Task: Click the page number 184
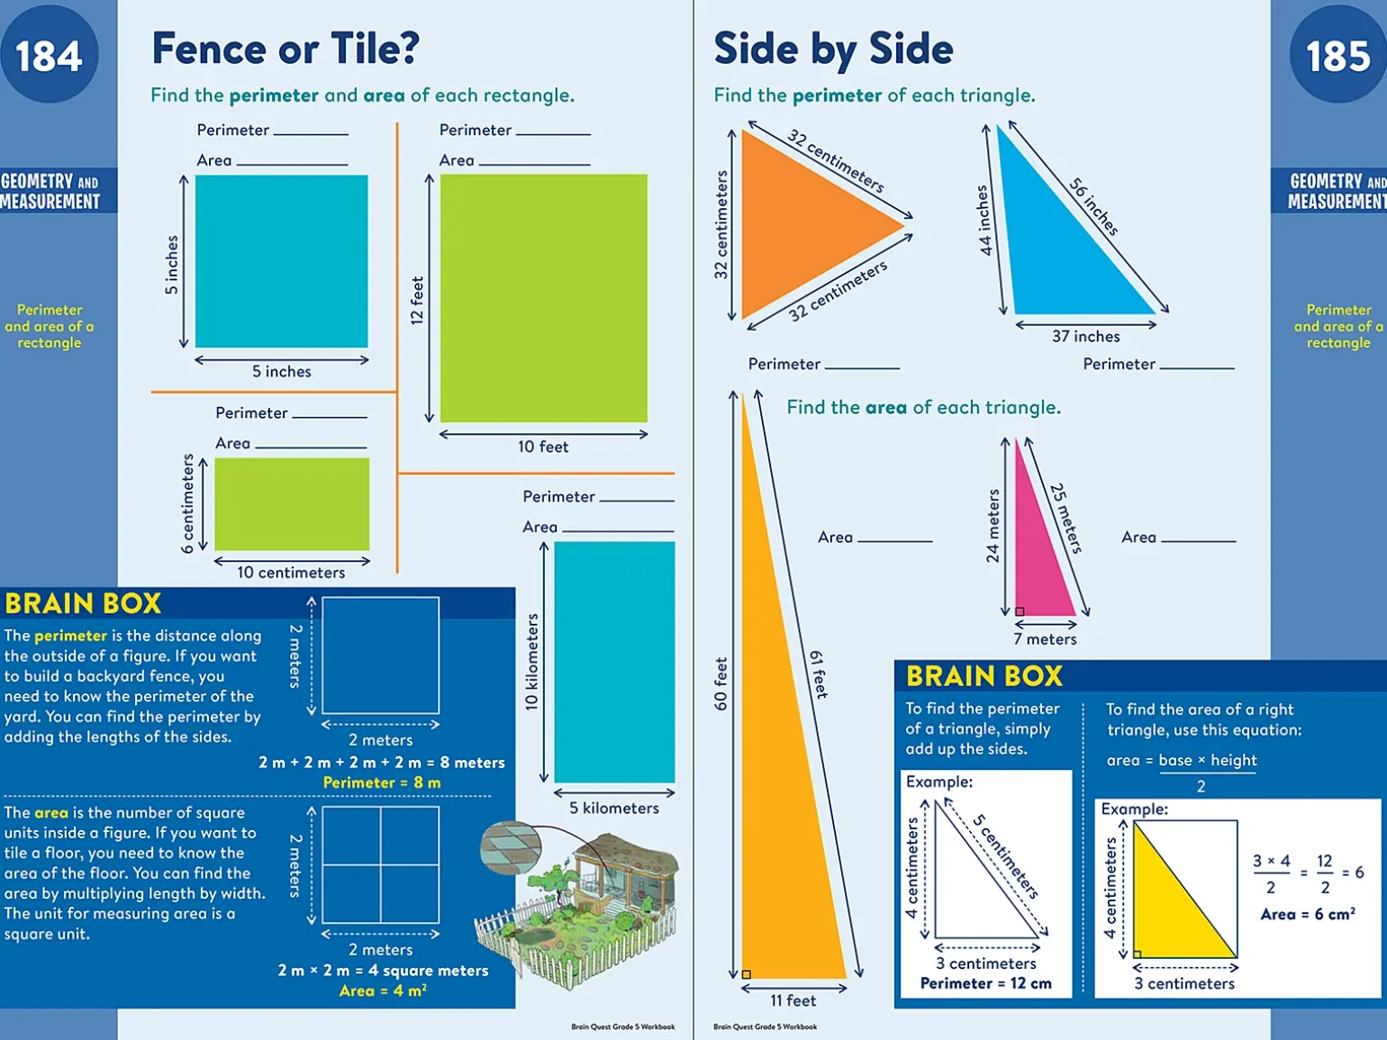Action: (x=49, y=56)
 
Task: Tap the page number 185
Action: (x=1337, y=56)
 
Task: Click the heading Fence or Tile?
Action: (x=286, y=49)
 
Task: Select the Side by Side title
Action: (x=833, y=49)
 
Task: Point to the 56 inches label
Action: (x=1093, y=206)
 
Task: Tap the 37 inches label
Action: (x=1085, y=337)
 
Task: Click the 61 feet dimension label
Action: (x=819, y=674)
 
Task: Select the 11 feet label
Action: (x=793, y=1000)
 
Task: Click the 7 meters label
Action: (x=1045, y=639)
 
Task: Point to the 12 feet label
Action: (x=416, y=301)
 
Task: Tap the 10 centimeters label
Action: (x=291, y=573)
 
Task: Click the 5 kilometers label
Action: (x=613, y=809)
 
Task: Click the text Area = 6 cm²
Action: (x=1308, y=914)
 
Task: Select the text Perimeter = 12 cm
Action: (x=985, y=983)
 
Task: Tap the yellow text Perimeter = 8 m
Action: (x=382, y=783)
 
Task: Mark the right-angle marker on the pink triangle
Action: (x=1020, y=611)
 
